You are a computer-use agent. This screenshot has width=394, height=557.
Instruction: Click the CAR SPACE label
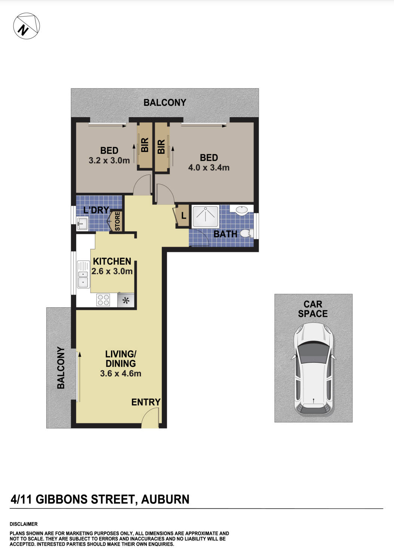pos(313,309)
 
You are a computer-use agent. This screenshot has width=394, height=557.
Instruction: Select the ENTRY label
pos(146,402)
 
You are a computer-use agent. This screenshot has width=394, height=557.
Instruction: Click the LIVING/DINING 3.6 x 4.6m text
pos(121,363)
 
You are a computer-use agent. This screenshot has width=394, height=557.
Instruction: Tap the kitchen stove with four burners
pos(104,300)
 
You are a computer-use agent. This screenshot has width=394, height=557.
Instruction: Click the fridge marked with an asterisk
pos(126,300)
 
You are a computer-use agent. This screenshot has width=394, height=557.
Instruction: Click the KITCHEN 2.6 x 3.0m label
pos(112,266)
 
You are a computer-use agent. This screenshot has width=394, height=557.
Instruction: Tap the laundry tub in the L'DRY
pos(82,224)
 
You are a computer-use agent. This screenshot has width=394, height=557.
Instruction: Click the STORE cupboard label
pos(117,221)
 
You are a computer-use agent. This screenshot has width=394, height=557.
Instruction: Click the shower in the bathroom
pos(205,216)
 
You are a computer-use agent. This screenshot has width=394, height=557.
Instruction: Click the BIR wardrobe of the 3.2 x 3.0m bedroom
pos(145,145)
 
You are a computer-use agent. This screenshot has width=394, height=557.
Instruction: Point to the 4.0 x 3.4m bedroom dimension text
pos(209,168)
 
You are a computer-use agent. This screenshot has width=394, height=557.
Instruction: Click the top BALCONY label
pos(164,103)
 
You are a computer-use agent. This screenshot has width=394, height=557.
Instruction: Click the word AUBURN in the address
pos(165,499)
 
